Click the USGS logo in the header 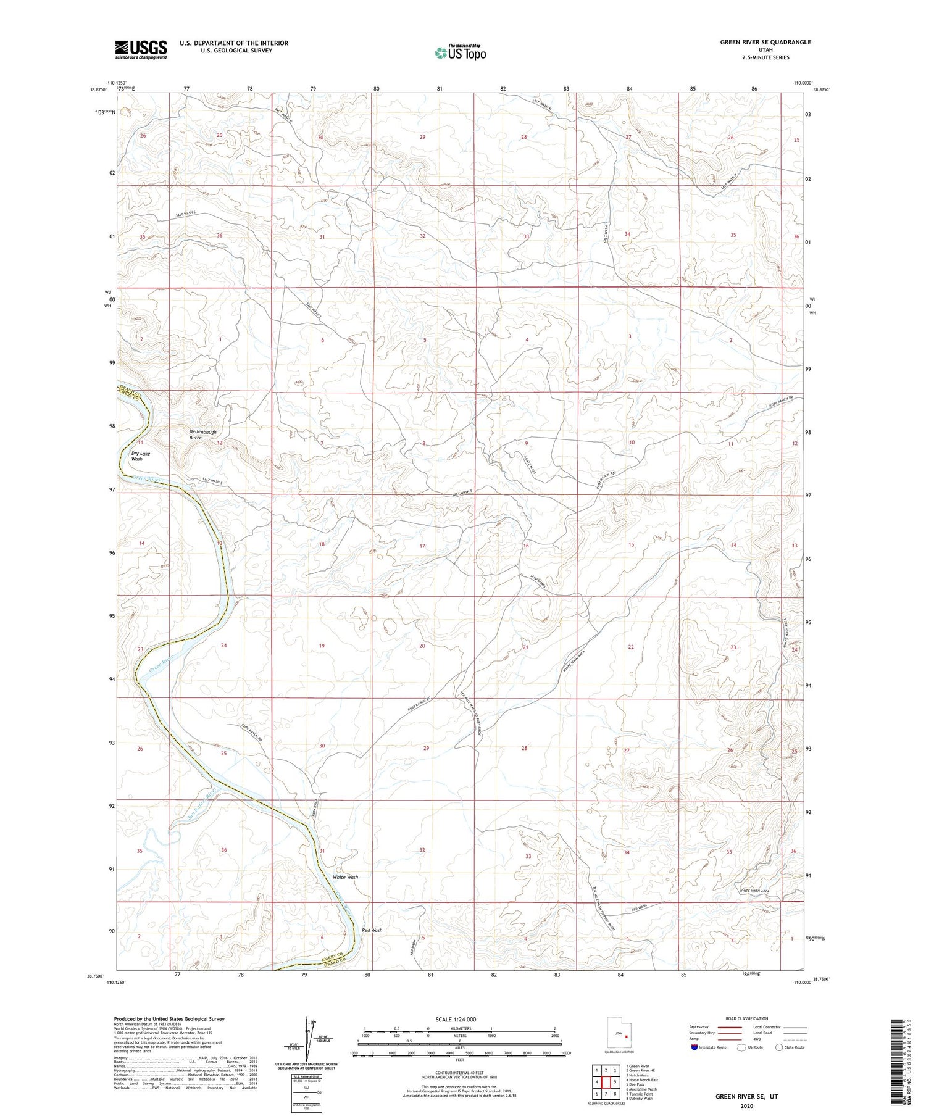141,49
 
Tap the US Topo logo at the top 461,53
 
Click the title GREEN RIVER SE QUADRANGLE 765,42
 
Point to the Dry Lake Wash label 140,456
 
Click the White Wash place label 345,877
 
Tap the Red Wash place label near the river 372,930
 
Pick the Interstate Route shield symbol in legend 694,1047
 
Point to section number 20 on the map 422,646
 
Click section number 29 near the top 422,137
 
